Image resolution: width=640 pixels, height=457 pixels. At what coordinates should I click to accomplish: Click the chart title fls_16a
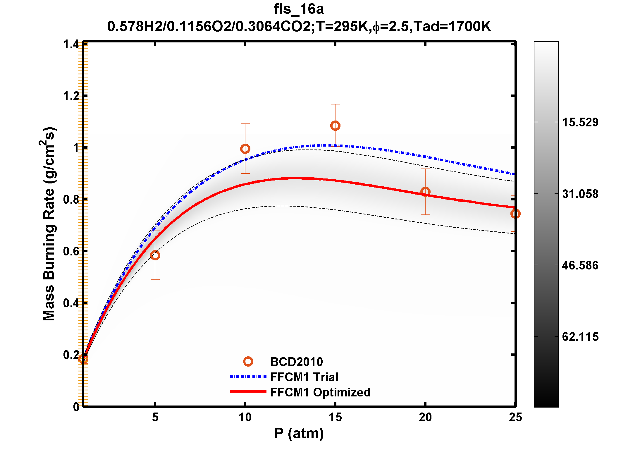[299, 9]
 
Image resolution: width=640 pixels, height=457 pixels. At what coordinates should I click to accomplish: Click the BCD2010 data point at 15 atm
[335, 126]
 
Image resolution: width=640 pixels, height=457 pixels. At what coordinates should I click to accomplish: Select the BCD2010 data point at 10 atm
[245, 149]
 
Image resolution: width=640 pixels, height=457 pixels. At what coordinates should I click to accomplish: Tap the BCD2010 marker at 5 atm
[155, 255]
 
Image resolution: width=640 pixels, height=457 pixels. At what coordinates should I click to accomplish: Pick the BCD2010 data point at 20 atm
[425, 192]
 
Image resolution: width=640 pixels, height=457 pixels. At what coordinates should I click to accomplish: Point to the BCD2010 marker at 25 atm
[515, 214]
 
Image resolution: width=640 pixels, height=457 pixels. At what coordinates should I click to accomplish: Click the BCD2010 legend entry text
[296, 362]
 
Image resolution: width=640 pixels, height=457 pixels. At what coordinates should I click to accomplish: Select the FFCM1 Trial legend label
[304, 377]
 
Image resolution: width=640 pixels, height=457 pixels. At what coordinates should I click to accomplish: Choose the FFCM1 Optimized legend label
[320, 392]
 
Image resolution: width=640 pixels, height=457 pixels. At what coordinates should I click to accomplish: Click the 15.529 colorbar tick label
[580, 122]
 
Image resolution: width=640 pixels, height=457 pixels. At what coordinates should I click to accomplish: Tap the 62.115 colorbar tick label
[580, 337]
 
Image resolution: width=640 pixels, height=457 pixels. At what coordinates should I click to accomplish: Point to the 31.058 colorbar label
[580, 194]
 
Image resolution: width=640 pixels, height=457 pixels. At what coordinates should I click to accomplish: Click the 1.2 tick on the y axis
[71, 96]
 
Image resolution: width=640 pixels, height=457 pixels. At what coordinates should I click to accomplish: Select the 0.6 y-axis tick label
[71, 251]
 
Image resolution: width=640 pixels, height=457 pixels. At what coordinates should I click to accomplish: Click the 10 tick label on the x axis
[245, 418]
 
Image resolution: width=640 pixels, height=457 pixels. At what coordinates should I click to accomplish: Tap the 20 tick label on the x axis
[425, 418]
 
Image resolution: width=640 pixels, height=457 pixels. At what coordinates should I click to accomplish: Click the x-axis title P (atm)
[299, 433]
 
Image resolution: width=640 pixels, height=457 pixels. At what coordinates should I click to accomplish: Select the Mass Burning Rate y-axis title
[49, 224]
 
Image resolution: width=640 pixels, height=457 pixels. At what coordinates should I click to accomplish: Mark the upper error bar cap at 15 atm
[335, 104]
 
